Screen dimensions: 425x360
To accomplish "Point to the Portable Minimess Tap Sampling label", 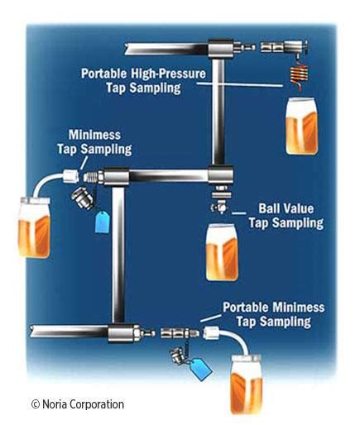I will pos(272,313).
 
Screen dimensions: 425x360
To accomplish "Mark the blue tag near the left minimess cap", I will pos(103,220).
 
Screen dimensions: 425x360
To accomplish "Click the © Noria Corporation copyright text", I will pos(78,404).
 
